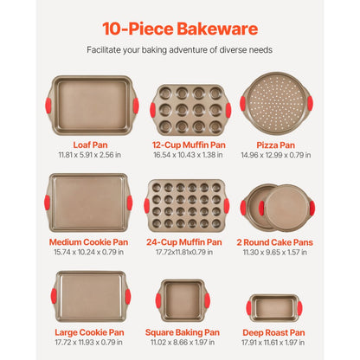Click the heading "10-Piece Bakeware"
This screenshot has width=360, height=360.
coord(180,29)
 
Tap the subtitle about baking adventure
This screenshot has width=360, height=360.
coord(180,50)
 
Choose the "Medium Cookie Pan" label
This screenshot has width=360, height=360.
coord(90,242)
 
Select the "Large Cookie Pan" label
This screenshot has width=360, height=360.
coord(90,331)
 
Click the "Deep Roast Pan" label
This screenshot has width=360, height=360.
coord(273,331)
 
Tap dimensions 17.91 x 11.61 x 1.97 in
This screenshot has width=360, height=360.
coord(273,343)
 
